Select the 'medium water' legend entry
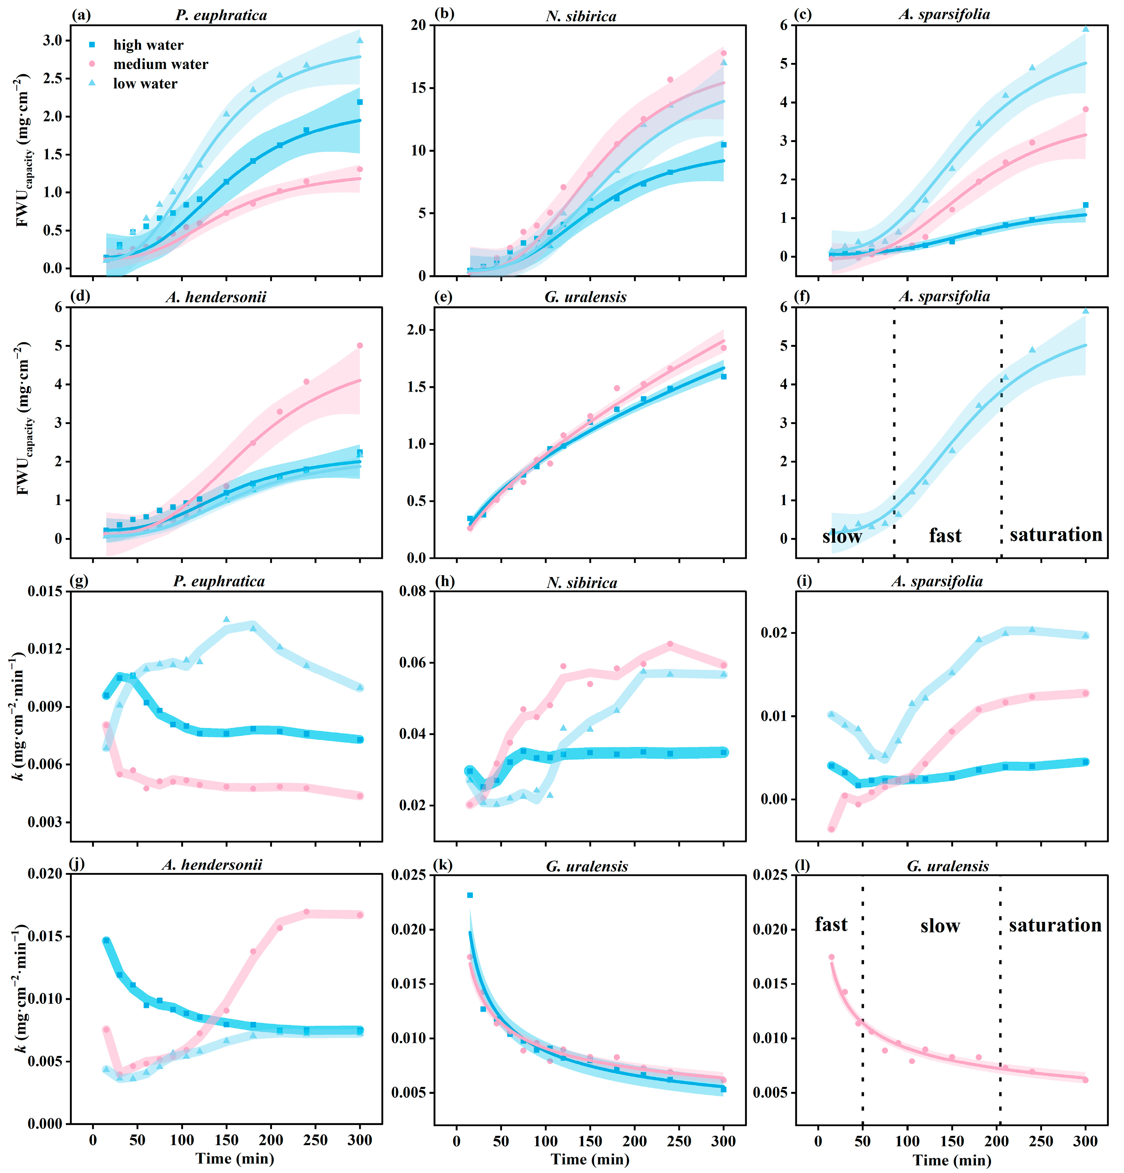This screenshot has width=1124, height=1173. click(160, 64)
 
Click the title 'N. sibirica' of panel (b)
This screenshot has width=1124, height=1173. click(581, 16)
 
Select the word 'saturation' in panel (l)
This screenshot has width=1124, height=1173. click(1055, 925)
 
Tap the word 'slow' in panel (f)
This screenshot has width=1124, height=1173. click(842, 536)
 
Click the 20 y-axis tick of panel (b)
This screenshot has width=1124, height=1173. click(418, 25)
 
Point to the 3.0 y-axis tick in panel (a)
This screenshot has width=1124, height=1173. click(53, 41)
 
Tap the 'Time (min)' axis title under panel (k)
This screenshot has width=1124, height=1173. click(590, 1159)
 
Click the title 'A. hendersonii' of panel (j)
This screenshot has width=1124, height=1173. click(212, 865)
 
